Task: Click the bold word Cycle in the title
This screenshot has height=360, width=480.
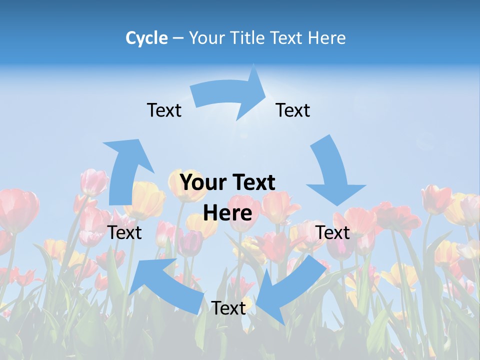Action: [146, 38]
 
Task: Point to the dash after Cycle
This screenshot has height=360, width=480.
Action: [178, 38]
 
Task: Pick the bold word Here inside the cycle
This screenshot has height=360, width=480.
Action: [227, 213]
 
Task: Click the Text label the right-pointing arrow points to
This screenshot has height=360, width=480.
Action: [293, 110]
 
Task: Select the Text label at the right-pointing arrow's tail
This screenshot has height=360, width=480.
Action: [164, 110]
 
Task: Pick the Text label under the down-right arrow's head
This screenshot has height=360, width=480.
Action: [333, 232]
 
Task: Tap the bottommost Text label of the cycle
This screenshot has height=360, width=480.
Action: [228, 308]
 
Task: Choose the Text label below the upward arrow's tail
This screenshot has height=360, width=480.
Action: [125, 232]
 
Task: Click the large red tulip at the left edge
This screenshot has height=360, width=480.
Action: [17, 210]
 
